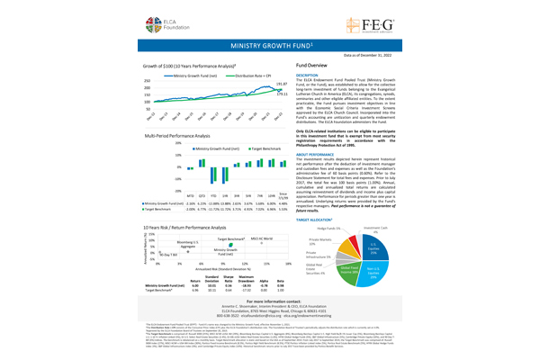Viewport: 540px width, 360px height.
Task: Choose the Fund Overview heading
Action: pyautogui.click(x=311, y=67)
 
